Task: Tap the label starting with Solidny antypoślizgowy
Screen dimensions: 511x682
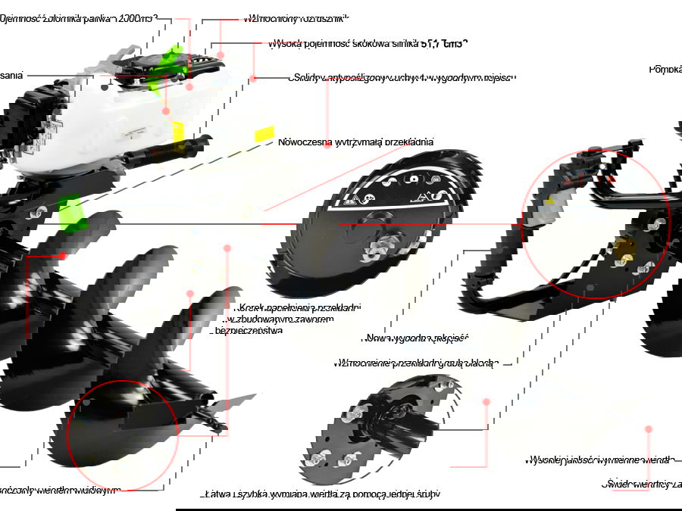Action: click(402, 78)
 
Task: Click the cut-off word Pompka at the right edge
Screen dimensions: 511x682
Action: click(665, 69)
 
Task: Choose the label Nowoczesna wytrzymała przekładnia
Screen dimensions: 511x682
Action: click(355, 142)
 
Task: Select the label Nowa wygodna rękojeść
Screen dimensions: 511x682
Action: click(416, 338)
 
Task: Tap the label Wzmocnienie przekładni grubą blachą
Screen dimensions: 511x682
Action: click(414, 363)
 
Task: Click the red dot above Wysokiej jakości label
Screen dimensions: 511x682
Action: click(648, 429)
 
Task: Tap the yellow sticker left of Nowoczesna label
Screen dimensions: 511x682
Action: click(264, 135)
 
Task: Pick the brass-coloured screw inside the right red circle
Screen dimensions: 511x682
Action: click(626, 247)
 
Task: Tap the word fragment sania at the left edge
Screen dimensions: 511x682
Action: click(11, 75)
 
